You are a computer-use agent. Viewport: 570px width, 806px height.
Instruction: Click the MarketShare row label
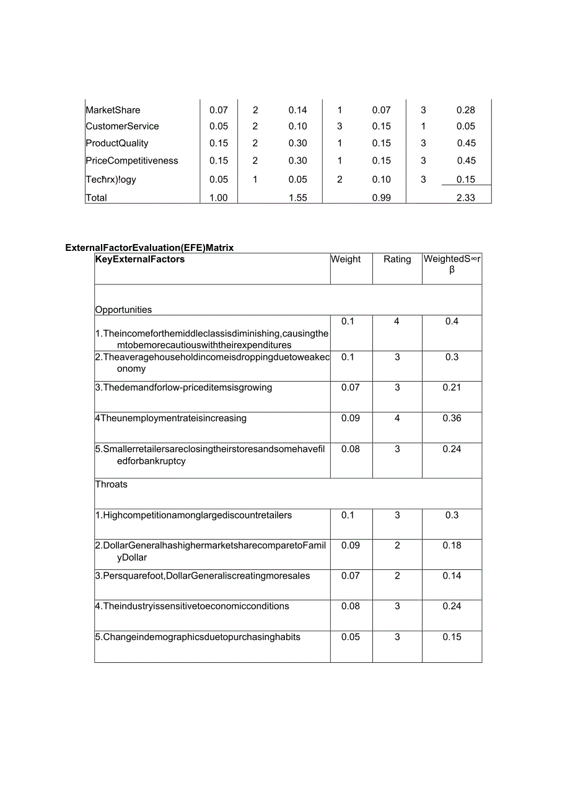coord(113,110)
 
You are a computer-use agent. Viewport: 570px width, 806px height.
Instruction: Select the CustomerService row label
coord(122,126)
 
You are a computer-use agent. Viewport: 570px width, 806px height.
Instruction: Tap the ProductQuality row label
coord(117,143)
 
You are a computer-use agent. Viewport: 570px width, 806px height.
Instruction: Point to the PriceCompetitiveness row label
coord(132,160)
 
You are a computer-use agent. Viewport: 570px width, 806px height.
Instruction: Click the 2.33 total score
coord(466,198)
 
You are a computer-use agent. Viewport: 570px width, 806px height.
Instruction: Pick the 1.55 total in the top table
coord(297,198)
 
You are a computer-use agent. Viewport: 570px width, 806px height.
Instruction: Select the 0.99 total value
coord(382,198)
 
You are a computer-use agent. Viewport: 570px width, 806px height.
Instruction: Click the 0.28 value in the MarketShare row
coord(466,110)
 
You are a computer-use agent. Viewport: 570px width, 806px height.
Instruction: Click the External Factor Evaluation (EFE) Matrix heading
coord(149,248)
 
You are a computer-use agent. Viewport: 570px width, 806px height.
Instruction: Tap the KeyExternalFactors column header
coord(140,260)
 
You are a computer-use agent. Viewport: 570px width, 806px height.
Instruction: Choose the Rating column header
coord(397,260)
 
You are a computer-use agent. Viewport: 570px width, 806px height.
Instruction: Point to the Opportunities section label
coord(123,310)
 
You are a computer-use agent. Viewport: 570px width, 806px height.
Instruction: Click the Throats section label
coord(112,484)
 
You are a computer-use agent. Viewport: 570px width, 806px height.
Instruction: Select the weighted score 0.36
coord(452,418)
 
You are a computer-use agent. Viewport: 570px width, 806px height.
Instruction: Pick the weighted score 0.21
coord(452,388)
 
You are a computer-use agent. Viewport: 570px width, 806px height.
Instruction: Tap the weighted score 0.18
coord(452,546)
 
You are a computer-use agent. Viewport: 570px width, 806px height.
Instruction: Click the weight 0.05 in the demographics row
coord(350,637)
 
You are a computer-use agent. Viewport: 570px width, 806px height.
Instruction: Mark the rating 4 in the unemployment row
coord(397,418)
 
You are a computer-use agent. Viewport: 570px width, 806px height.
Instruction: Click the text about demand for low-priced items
coord(183,388)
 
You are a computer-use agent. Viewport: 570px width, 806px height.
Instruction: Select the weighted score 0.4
coord(452,322)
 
